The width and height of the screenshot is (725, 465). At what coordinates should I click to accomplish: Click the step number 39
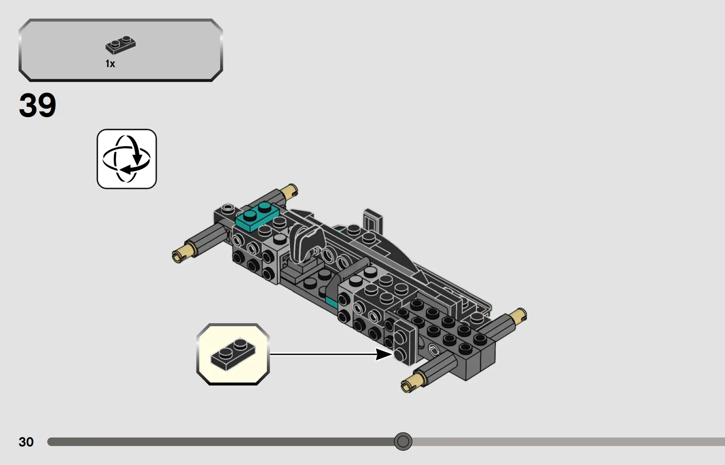37,105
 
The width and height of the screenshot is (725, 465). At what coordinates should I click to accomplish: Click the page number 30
26,442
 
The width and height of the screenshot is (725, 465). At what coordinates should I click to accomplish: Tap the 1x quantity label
111,64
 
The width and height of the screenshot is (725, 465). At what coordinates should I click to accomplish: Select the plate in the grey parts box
120,45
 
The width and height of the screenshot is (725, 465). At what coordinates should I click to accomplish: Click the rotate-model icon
127,159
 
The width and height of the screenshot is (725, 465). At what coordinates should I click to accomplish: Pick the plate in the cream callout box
233,354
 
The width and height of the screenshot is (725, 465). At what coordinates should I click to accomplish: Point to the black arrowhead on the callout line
384,354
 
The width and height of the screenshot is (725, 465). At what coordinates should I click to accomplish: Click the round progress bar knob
403,441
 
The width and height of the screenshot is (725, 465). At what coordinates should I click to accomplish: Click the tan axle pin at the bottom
413,383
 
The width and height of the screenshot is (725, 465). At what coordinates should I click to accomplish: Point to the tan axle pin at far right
518,315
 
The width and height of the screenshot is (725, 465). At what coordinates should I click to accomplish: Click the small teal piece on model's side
332,302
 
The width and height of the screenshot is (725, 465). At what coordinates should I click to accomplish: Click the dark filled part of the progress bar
221,442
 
